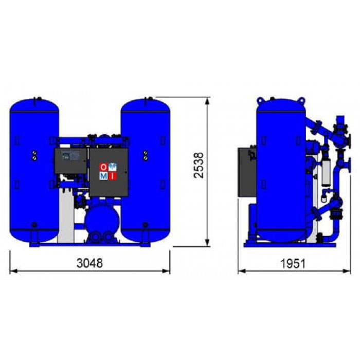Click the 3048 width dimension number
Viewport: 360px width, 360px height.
[89, 263]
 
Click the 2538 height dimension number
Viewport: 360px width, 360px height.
[199, 165]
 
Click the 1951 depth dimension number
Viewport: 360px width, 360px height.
[293, 263]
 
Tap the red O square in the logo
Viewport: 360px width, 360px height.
[103, 167]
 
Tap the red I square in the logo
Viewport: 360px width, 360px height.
[112, 176]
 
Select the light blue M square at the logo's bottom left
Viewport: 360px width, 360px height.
[103, 176]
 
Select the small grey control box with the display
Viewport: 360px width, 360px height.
[70, 160]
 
